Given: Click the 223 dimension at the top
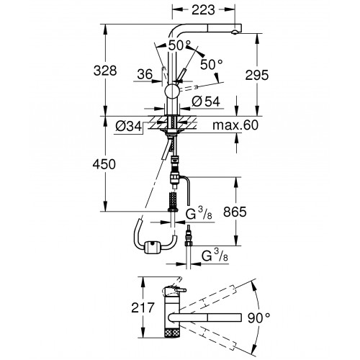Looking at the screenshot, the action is click(x=203, y=10).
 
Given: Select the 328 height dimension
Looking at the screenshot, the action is click(x=105, y=71).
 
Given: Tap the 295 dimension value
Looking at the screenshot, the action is click(x=256, y=75).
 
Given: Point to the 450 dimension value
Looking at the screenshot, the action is click(x=104, y=164).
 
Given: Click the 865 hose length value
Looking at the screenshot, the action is click(x=235, y=212).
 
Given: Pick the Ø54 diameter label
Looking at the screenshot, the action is click(x=206, y=102).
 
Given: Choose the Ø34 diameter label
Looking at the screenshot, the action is click(x=129, y=126).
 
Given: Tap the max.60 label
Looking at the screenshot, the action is click(x=235, y=125).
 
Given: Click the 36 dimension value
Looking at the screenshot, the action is click(x=145, y=74).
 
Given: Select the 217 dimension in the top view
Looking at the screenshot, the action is click(x=143, y=307).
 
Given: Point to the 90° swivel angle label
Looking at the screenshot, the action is click(x=259, y=318).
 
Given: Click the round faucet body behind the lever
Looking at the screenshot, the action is click(x=171, y=91).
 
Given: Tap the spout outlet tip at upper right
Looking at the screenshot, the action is click(x=235, y=32).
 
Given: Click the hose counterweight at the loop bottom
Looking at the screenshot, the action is click(x=152, y=248).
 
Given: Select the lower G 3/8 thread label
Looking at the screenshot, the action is click(x=215, y=256).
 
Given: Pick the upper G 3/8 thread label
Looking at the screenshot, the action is click(x=199, y=214).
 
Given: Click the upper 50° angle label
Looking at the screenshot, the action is click(x=179, y=45).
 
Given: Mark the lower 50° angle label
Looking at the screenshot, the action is click(x=212, y=64).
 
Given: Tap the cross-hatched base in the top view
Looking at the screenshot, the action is click(x=171, y=333).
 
